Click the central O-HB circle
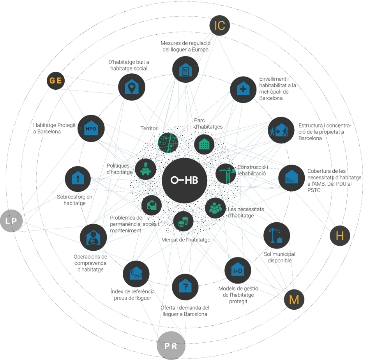[x=184, y=180]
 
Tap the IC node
[x=219, y=26]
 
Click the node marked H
[x=340, y=236]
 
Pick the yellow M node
[x=294, y=300]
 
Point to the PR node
[x=171, y=346]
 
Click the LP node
[x=11, y=221]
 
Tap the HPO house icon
[x=91, y=128]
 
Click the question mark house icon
[x=185, y=287]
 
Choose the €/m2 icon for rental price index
[x=136, y=274]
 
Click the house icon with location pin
[x=132, y=87]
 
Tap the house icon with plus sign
[x=243, y=89]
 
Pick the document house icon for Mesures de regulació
[x=185, y=70]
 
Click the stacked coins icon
[x=183, y=222]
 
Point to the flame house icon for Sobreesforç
[x=78, y=179]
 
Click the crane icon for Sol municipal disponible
[x=277, y=235]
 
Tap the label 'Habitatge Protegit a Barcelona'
[x=53, y=128]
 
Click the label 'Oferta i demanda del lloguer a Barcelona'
[x=185, y=311]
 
